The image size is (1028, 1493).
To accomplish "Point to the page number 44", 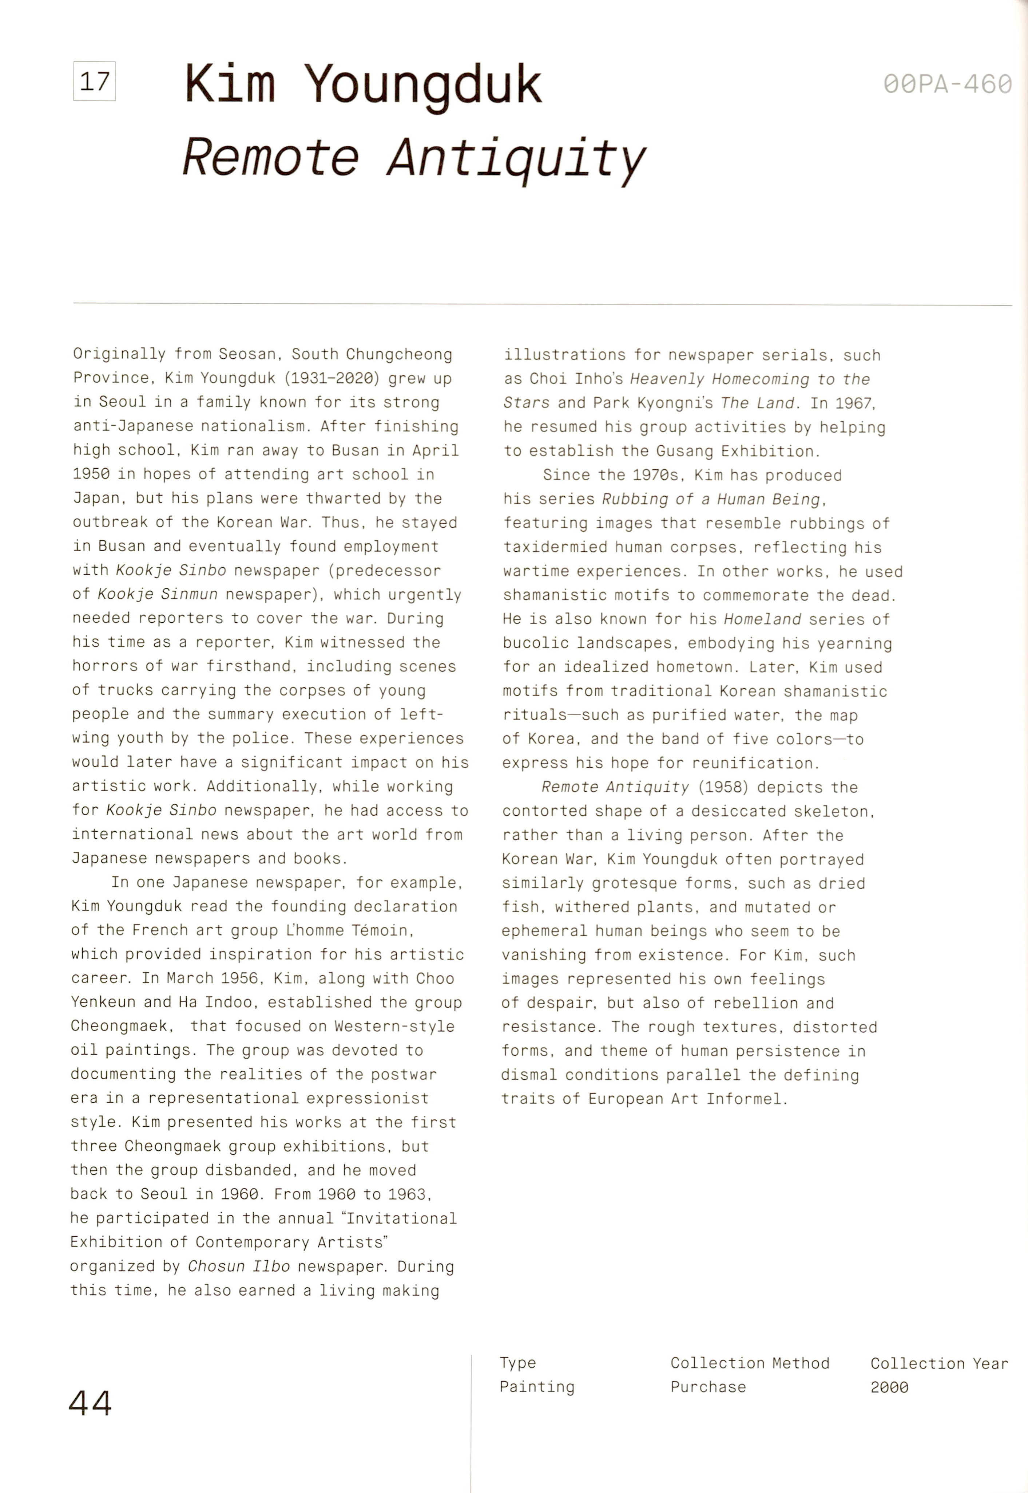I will coord(90,1403).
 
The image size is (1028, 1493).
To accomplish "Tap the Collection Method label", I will coord(750,1363).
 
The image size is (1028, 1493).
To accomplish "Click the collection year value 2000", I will coord(889,1387).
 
